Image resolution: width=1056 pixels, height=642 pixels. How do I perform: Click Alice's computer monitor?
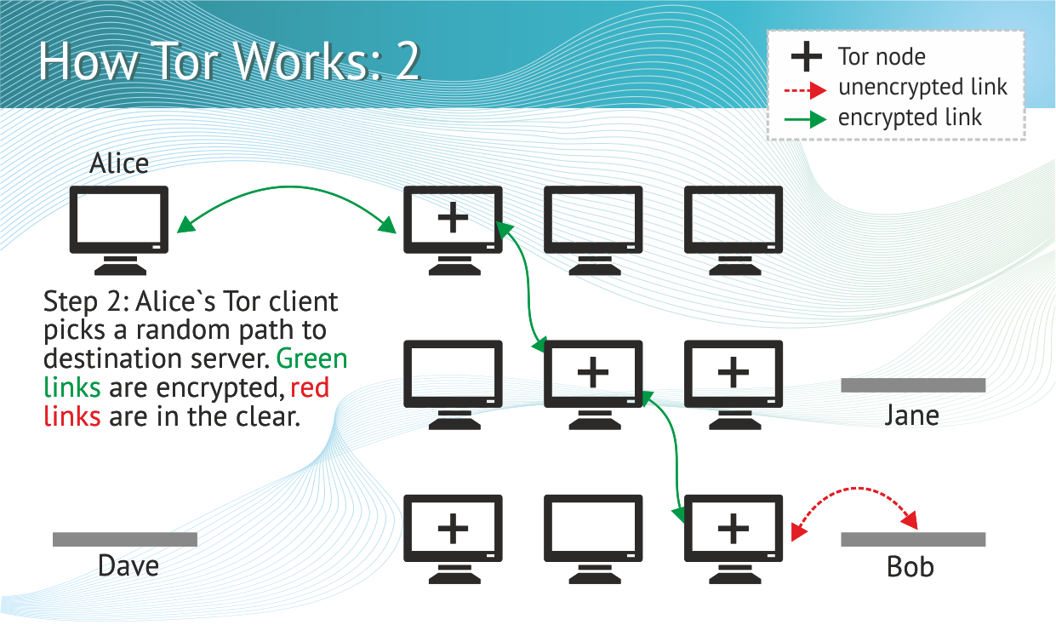[x=118, y=221]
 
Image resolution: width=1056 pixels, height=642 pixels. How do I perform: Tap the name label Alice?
[x=119, y=163]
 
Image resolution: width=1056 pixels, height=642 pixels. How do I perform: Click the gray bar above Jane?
[x=913, y=385]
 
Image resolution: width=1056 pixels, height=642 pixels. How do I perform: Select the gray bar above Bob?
[x=913, y=539]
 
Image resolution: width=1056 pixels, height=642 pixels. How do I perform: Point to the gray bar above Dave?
[x=125, y=539]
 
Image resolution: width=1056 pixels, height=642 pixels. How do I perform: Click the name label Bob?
[x=910, y=566]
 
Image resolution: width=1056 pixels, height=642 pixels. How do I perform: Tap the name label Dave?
[x=128, y=566]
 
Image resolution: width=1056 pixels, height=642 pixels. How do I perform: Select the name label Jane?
[x=911, y=415]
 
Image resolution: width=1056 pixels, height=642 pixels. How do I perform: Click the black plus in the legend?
[x=806, y=57]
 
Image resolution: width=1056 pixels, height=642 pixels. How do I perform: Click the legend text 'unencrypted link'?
[x=922, y=87]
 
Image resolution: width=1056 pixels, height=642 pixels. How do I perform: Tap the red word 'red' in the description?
[x=310, y=387]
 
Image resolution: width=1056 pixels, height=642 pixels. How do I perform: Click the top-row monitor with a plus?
[x=453, y=221]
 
